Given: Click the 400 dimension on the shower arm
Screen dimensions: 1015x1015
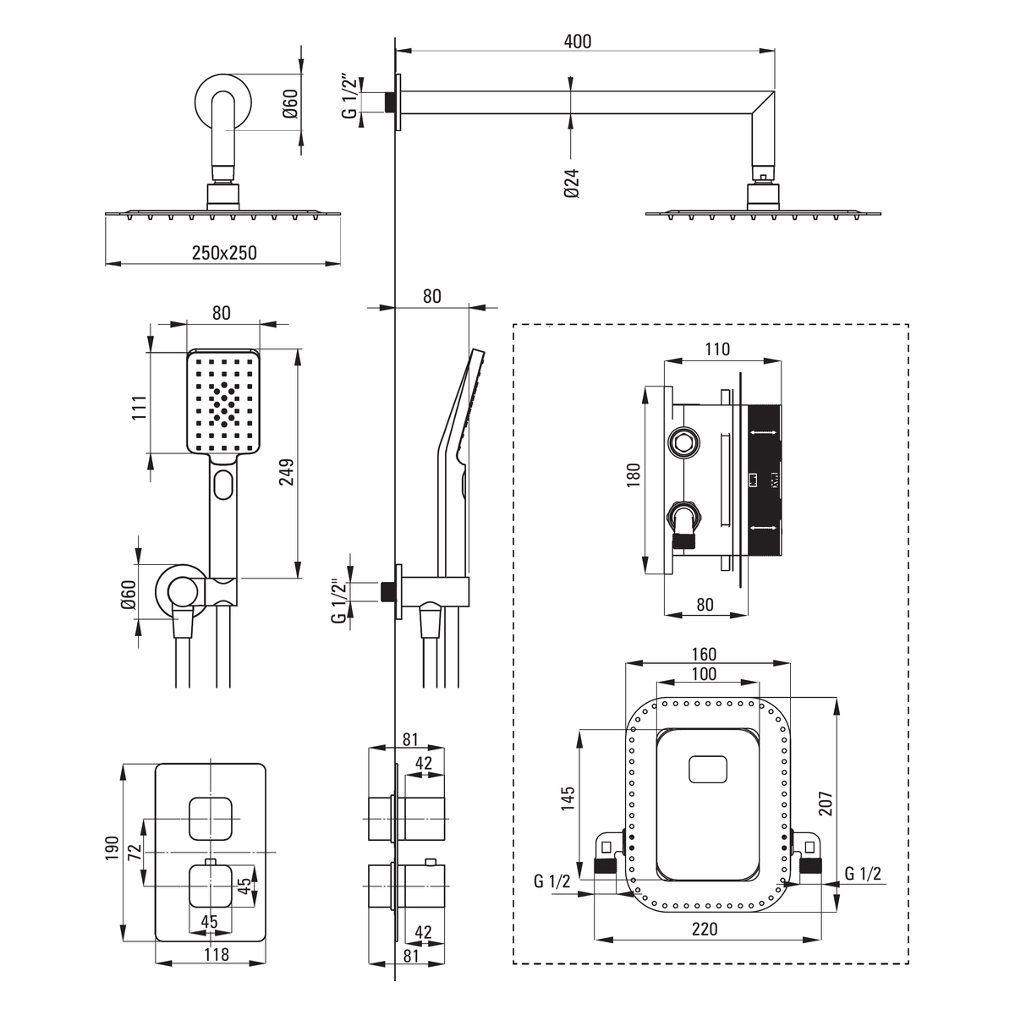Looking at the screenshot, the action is point(578,41).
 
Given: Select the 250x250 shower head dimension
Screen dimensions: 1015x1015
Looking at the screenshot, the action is point(224,253).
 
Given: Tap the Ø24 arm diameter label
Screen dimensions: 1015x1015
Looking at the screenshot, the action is point(572,183).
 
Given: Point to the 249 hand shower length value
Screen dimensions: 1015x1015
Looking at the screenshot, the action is point(287,471).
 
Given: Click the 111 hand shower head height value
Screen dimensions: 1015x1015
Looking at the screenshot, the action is point(139,407).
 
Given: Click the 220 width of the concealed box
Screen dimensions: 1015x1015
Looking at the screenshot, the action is point(705,929).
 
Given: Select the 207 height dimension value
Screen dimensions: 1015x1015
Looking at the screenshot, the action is point(826,804).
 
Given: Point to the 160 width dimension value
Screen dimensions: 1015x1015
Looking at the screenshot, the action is point(705,654).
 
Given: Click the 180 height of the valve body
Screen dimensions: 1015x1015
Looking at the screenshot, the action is point(634,475).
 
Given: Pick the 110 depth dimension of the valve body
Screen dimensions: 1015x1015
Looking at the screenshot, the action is point(717,348).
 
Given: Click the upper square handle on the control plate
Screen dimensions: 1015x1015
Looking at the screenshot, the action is point(210,818).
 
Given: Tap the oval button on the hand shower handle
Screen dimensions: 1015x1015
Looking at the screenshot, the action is point(223,485).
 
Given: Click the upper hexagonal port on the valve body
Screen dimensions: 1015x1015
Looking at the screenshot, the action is point(683,441).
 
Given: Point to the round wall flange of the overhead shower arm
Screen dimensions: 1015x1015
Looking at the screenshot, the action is point(222,101).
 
